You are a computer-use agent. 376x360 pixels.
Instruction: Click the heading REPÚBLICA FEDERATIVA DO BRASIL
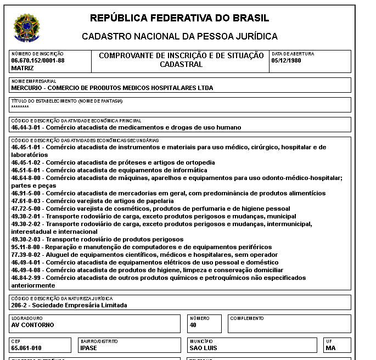[x=179, y=18]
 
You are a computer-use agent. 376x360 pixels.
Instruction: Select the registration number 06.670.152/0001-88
[x=38, y=60]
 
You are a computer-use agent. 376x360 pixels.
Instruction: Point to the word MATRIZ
[x=23, y=68]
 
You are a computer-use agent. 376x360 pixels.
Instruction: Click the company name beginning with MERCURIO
[x=112, y=88]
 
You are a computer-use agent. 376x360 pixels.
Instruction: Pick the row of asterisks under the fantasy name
[x=20, y=107]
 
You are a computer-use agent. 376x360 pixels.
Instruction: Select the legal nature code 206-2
[x=20, y=305]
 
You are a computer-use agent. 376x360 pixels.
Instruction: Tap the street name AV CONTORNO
[x=32, y=324]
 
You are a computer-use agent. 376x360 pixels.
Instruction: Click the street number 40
[x=193, y=324]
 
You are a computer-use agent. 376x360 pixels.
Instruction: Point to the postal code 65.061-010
[x=26, y=348]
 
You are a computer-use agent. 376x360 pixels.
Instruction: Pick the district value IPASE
[x=88, y=348]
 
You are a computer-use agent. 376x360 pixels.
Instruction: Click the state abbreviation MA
[x=330, y=348]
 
